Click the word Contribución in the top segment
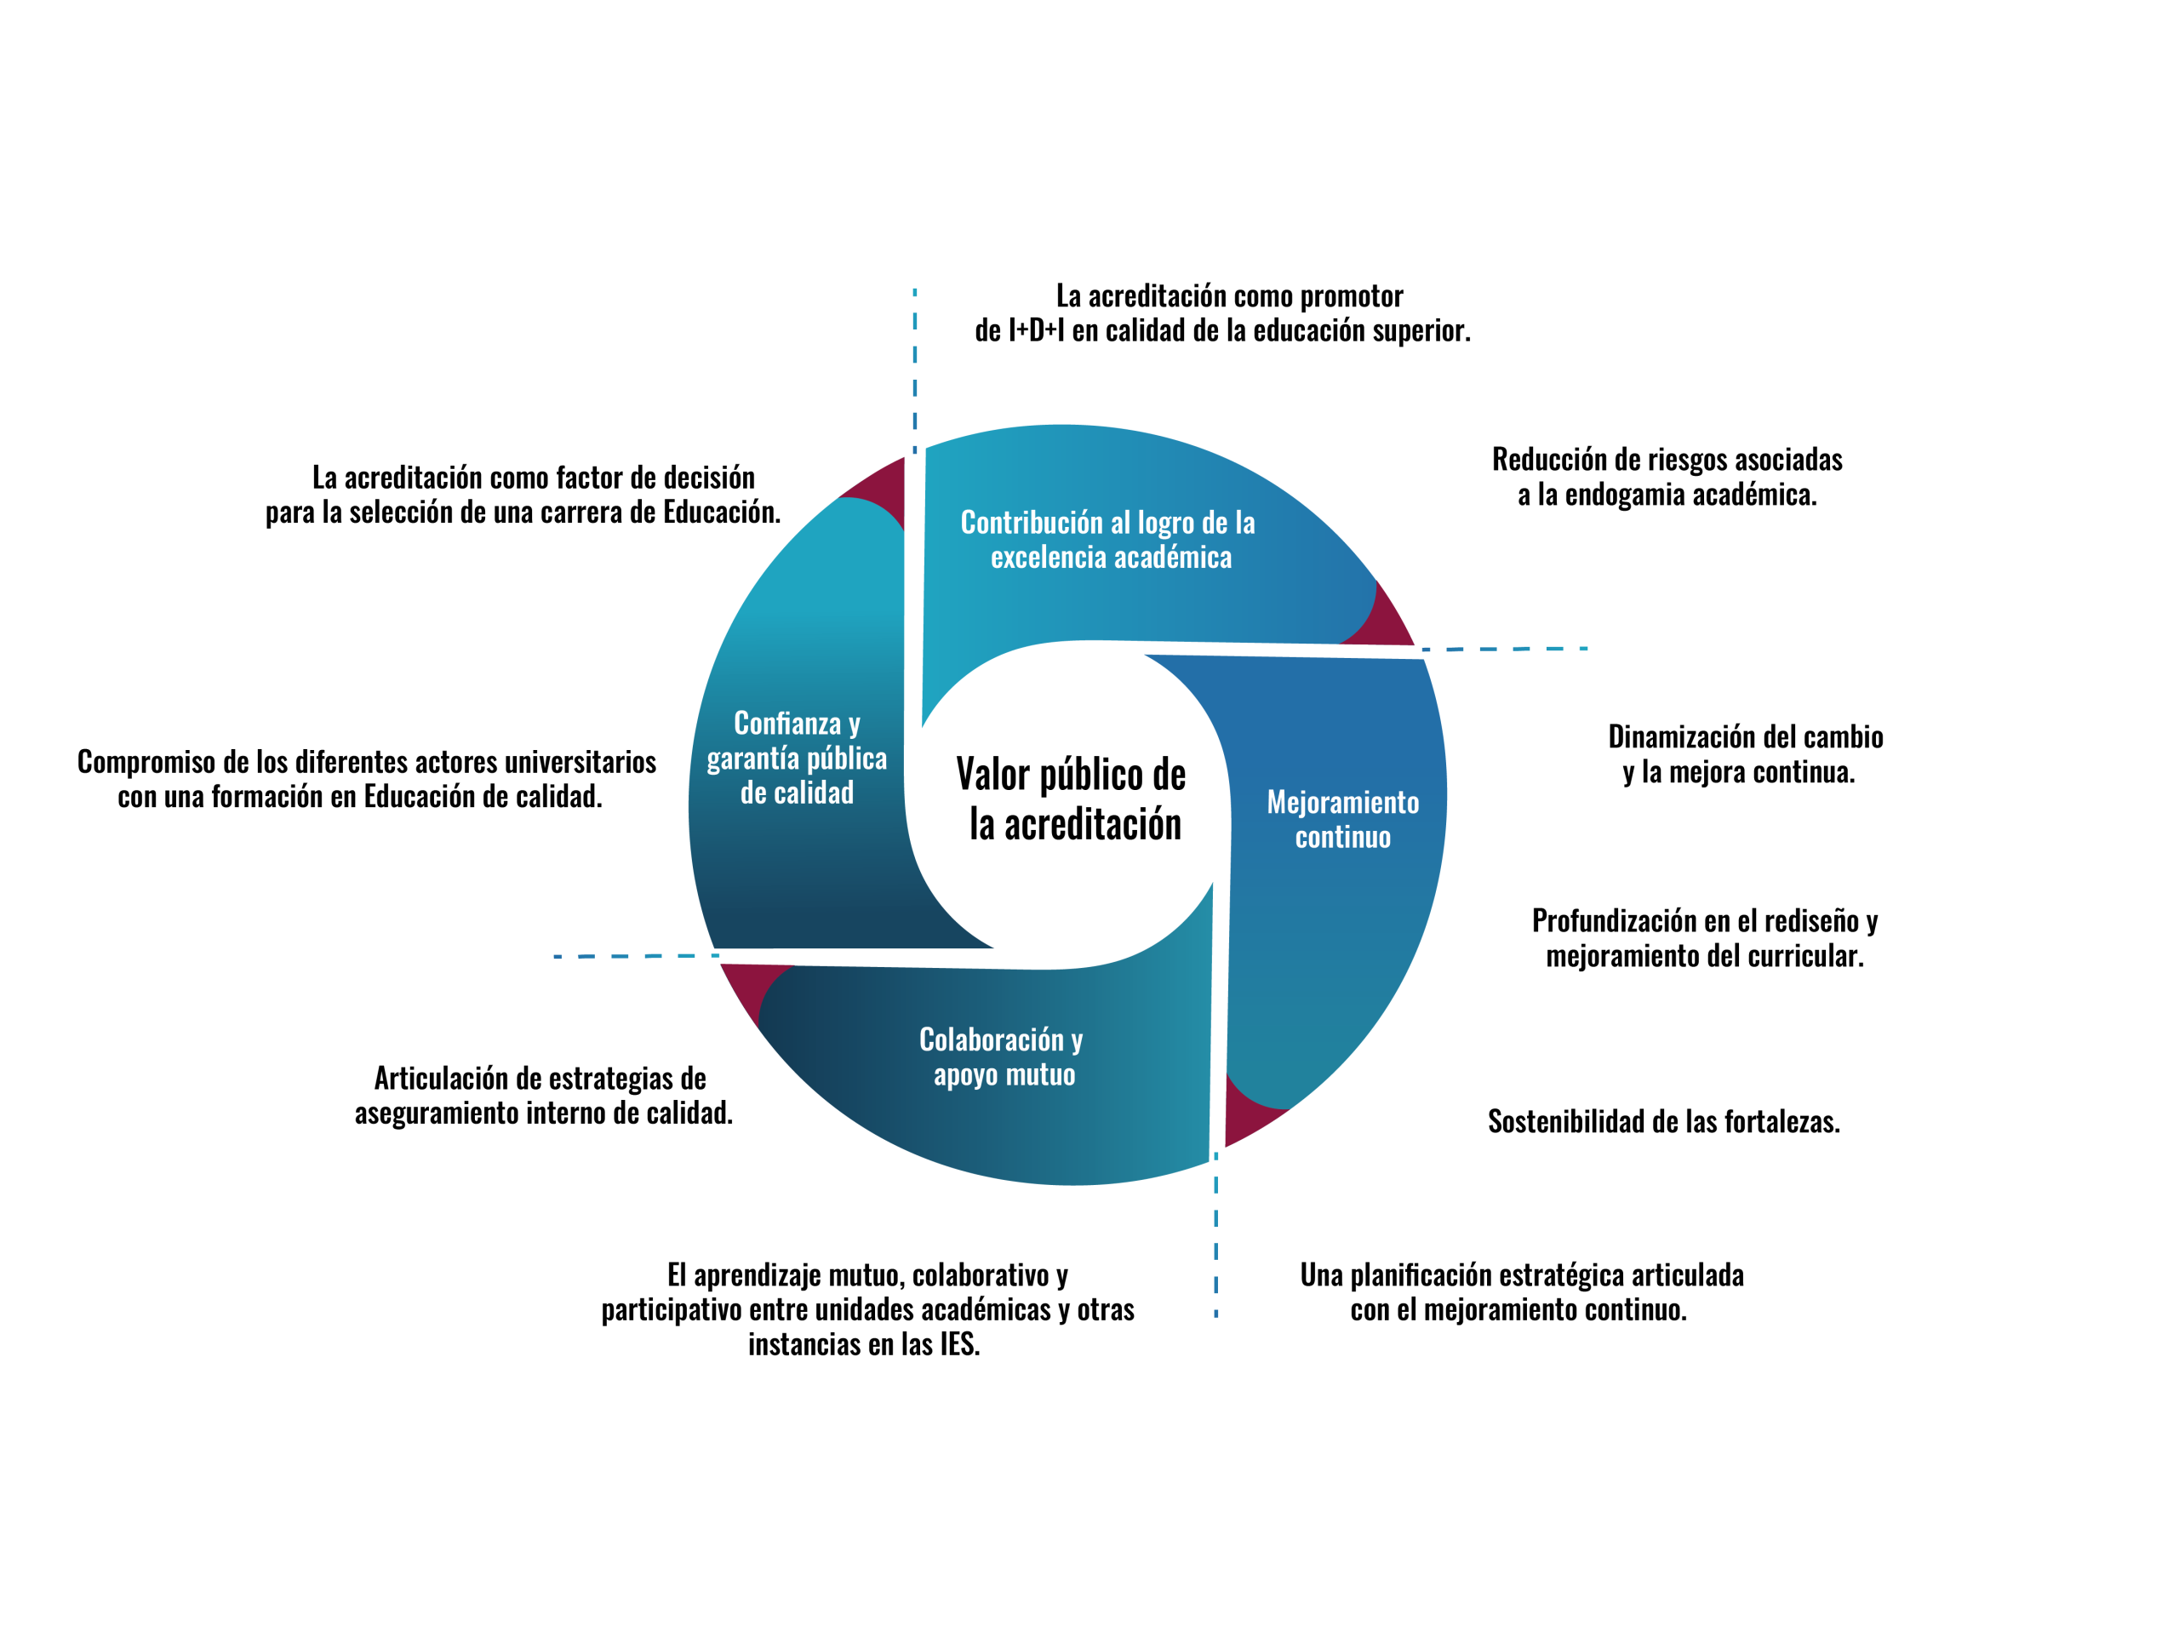point(1032,523)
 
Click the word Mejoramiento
point(1342,803)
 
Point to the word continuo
point(1342,838)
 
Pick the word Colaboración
point(991,1040)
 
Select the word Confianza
point(786,724)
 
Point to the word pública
point(846,759)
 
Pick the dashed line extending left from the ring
point(636,956)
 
